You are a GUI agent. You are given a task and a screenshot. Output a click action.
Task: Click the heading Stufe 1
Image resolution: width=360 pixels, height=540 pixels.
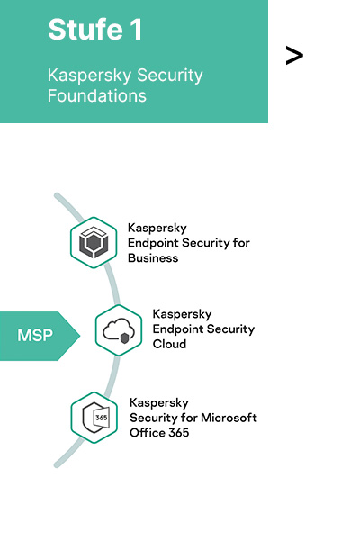95,30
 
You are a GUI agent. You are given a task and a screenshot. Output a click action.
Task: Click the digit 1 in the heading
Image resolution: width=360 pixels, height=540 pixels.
136,30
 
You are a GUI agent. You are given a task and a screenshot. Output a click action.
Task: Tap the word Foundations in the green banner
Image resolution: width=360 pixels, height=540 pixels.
97,95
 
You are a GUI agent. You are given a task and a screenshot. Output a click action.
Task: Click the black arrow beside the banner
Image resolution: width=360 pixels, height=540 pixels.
294,56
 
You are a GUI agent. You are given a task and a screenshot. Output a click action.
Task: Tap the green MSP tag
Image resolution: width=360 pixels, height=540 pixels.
40,336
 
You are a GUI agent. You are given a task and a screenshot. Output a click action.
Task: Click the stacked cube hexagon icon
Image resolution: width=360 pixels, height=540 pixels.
94,242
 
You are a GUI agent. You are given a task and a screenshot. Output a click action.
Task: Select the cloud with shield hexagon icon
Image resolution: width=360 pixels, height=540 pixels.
119,330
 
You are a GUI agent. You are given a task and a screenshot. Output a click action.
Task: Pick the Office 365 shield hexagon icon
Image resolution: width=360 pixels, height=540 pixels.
94,418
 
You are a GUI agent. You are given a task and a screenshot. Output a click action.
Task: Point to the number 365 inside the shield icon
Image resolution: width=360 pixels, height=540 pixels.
102,418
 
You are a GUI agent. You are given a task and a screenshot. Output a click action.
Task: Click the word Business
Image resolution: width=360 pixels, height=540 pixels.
153,258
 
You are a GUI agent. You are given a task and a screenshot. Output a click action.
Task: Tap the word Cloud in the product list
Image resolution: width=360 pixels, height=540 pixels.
169,344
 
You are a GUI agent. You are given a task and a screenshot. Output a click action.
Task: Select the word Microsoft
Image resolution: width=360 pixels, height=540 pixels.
229,418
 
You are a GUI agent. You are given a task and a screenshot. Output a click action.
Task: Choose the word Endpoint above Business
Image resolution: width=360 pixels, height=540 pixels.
153,243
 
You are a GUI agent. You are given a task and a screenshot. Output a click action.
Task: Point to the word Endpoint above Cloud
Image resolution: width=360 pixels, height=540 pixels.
178,329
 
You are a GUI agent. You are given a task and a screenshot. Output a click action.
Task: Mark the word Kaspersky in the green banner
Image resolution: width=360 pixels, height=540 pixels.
90,76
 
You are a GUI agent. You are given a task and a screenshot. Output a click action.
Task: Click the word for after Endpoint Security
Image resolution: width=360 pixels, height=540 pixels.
241,243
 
